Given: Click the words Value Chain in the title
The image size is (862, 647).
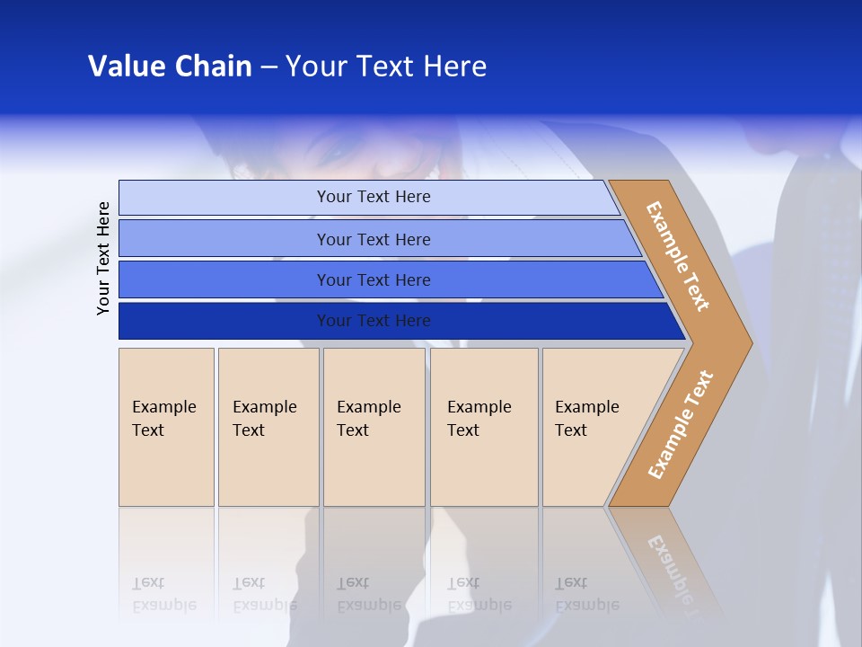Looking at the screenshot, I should point(170,66).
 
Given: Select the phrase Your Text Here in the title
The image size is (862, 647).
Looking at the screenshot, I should point(386,66).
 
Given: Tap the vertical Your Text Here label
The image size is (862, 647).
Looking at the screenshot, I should point(103,258).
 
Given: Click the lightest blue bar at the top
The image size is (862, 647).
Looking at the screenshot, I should point(373,197).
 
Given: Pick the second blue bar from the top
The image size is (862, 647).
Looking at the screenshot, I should point(373,239).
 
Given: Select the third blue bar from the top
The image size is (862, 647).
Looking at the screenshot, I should point(373,279).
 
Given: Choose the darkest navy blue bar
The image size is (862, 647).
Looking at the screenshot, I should point(373,321).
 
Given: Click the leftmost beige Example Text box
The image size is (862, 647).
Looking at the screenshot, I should point(166,427).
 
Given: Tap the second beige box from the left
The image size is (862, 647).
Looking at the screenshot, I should point(268,427).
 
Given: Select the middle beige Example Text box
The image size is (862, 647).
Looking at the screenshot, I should point(374,427).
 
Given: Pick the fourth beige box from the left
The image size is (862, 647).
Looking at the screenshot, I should point(484,427).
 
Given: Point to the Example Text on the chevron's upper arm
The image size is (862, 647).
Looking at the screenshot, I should point(678,256).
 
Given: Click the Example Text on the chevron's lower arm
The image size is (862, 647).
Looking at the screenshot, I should point(681,424).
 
